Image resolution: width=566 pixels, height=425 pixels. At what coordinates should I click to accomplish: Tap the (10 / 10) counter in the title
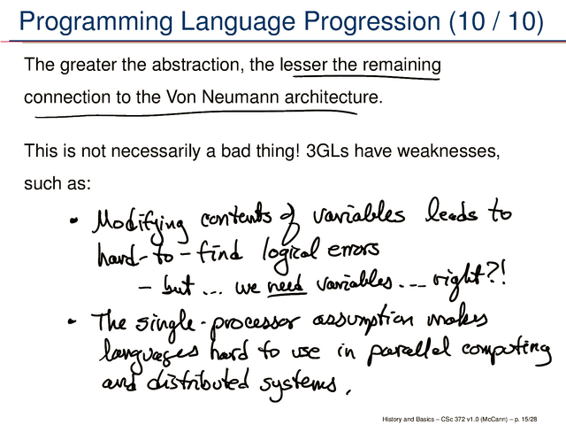tap(497, 21)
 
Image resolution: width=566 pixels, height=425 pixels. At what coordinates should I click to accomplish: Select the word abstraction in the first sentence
tap(195, 65)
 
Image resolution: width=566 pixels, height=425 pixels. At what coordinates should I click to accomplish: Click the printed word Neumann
tap(241, 97)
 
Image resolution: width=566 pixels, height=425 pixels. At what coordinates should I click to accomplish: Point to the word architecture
tap(333, 97)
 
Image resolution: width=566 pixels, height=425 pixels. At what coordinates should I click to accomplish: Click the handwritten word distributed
tap(198, 382)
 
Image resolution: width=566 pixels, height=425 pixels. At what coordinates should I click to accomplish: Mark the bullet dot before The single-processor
tap(72, 321)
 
